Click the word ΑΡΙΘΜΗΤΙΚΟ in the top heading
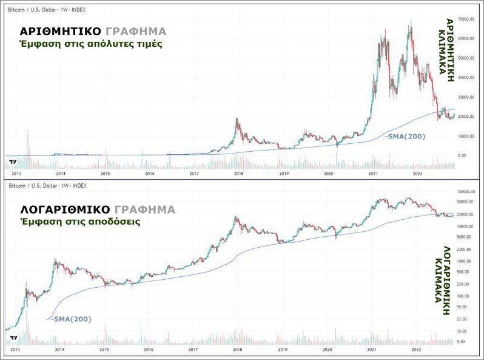click(59, 32)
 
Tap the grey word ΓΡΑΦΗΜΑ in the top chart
click(135, 32)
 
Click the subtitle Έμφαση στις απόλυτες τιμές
click(91, 44)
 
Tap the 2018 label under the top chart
click(239, 173)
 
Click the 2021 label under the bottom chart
click(371, 351)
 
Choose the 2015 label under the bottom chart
click(104, 351)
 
